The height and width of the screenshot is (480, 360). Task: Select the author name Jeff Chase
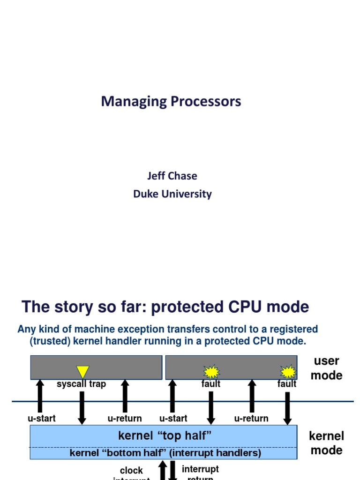(x=172, y=176)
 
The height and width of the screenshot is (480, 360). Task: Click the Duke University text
(x=172, y=194)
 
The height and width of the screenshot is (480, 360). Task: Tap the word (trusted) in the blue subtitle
(x=50, y=341)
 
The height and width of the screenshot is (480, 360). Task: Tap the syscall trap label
(x=81, y=384)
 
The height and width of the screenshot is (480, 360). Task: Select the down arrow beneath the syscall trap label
(x=82, y=407)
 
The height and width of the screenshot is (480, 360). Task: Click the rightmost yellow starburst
(x=288, y=372)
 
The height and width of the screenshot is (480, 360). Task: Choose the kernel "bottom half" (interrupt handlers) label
(x=165, y=453)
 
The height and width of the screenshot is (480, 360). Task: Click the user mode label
(x=326, y=368)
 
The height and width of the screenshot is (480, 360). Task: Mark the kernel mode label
(x=326, y=443)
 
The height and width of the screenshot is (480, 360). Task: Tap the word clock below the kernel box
(x=131, y=470)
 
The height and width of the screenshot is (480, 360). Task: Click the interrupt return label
(x=200, y=472)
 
